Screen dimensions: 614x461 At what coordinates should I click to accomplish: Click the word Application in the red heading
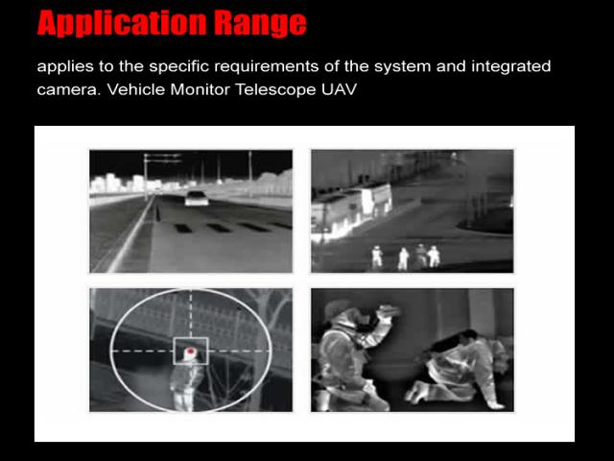coord(122,24)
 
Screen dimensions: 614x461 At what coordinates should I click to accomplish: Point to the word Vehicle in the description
coord(136,89)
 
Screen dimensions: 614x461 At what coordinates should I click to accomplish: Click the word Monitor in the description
coord(201,89)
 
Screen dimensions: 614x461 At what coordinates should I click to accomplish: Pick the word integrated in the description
coord(511,66)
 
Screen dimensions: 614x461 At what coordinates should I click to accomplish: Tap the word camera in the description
coord(69,90)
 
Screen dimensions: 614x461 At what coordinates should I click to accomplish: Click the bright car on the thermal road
coord(197,199)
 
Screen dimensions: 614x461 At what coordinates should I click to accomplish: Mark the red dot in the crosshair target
coord(190,351)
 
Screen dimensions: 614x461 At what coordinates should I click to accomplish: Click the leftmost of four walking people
coord(377,257)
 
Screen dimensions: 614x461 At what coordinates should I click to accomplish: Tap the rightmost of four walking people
coord(434,256)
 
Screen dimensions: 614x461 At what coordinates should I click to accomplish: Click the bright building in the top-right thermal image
coord(352,210)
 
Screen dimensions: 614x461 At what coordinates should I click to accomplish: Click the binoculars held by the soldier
coord(388,310)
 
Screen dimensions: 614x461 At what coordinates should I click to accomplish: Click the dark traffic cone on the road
coord(157,214)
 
